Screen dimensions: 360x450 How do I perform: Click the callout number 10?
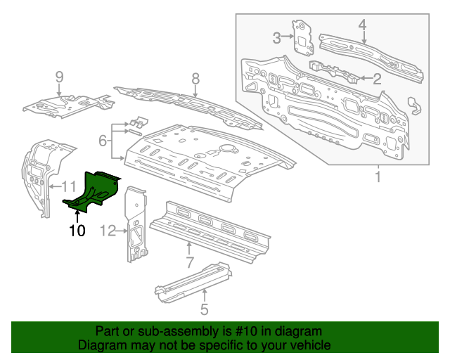pyautogui.click(x=77, y=230)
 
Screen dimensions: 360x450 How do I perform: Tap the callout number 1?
pyautogui.click(x=378, y=177)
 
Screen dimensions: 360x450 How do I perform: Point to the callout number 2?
pyautogui.click(x=377, y=79)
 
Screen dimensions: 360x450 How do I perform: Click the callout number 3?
pyautogui.click(x=277, y=38)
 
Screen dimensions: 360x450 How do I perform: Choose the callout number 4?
pyautogui.click(x=362, y=25)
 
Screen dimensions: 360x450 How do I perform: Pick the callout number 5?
pyautogui.click(x=204, y=308)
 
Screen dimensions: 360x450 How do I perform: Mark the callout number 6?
pyautogui.click(x=103, y=141)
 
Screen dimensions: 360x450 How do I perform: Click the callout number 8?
pyautogui.click(x=195, y=78)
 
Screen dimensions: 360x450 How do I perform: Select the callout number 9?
pyautogui.click(x=59, y=77)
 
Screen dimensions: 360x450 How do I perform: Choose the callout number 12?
pyautogui.click(x=108, y=230)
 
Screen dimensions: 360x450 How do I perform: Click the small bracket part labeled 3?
pyautogui.click(x=304, y=39)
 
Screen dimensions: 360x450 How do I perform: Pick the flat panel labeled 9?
pyautogui.click(x=67, y=104)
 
